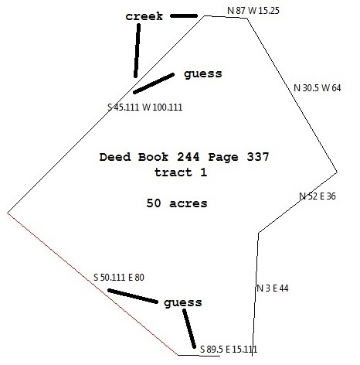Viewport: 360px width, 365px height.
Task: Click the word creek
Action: click(x=144, y=16)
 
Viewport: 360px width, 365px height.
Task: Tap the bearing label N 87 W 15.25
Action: click(x=253, y=11)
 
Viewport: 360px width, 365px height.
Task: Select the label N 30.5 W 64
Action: click(x=317, y=88)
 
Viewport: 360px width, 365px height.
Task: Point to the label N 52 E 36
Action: click(x=318, y=196)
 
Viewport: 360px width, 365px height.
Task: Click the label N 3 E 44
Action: click(x=273, y=288)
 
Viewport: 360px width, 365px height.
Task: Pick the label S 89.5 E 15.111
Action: click(x=229, y=350)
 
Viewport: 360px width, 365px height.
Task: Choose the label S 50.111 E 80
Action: click(x=119, y=278)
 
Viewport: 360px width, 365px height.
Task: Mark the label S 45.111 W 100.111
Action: click(x=144, y=107)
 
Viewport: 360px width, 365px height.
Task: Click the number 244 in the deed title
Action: click(x=188, y=157)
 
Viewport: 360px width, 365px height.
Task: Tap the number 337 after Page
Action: click(x=258, y=157)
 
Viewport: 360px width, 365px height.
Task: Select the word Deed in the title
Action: click(x=115, y=157)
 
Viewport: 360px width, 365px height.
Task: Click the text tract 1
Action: click(x=181, y=172)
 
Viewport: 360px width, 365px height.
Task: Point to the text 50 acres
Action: click(x=177, y=203)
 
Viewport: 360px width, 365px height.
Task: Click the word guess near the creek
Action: click(x=203, y=74)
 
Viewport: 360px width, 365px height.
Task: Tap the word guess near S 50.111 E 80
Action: click(x=183, y=303)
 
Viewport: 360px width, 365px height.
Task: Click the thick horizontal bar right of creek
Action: click(x=184, y=16)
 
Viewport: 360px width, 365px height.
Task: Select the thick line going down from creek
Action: click(x=137, y=50)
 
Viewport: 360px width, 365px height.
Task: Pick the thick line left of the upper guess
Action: click(x=154, y=84)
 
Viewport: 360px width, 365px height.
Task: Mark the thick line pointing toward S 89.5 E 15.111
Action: click(x=189, y=329)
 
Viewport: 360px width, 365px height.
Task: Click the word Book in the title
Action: click(x=153, y=157)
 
